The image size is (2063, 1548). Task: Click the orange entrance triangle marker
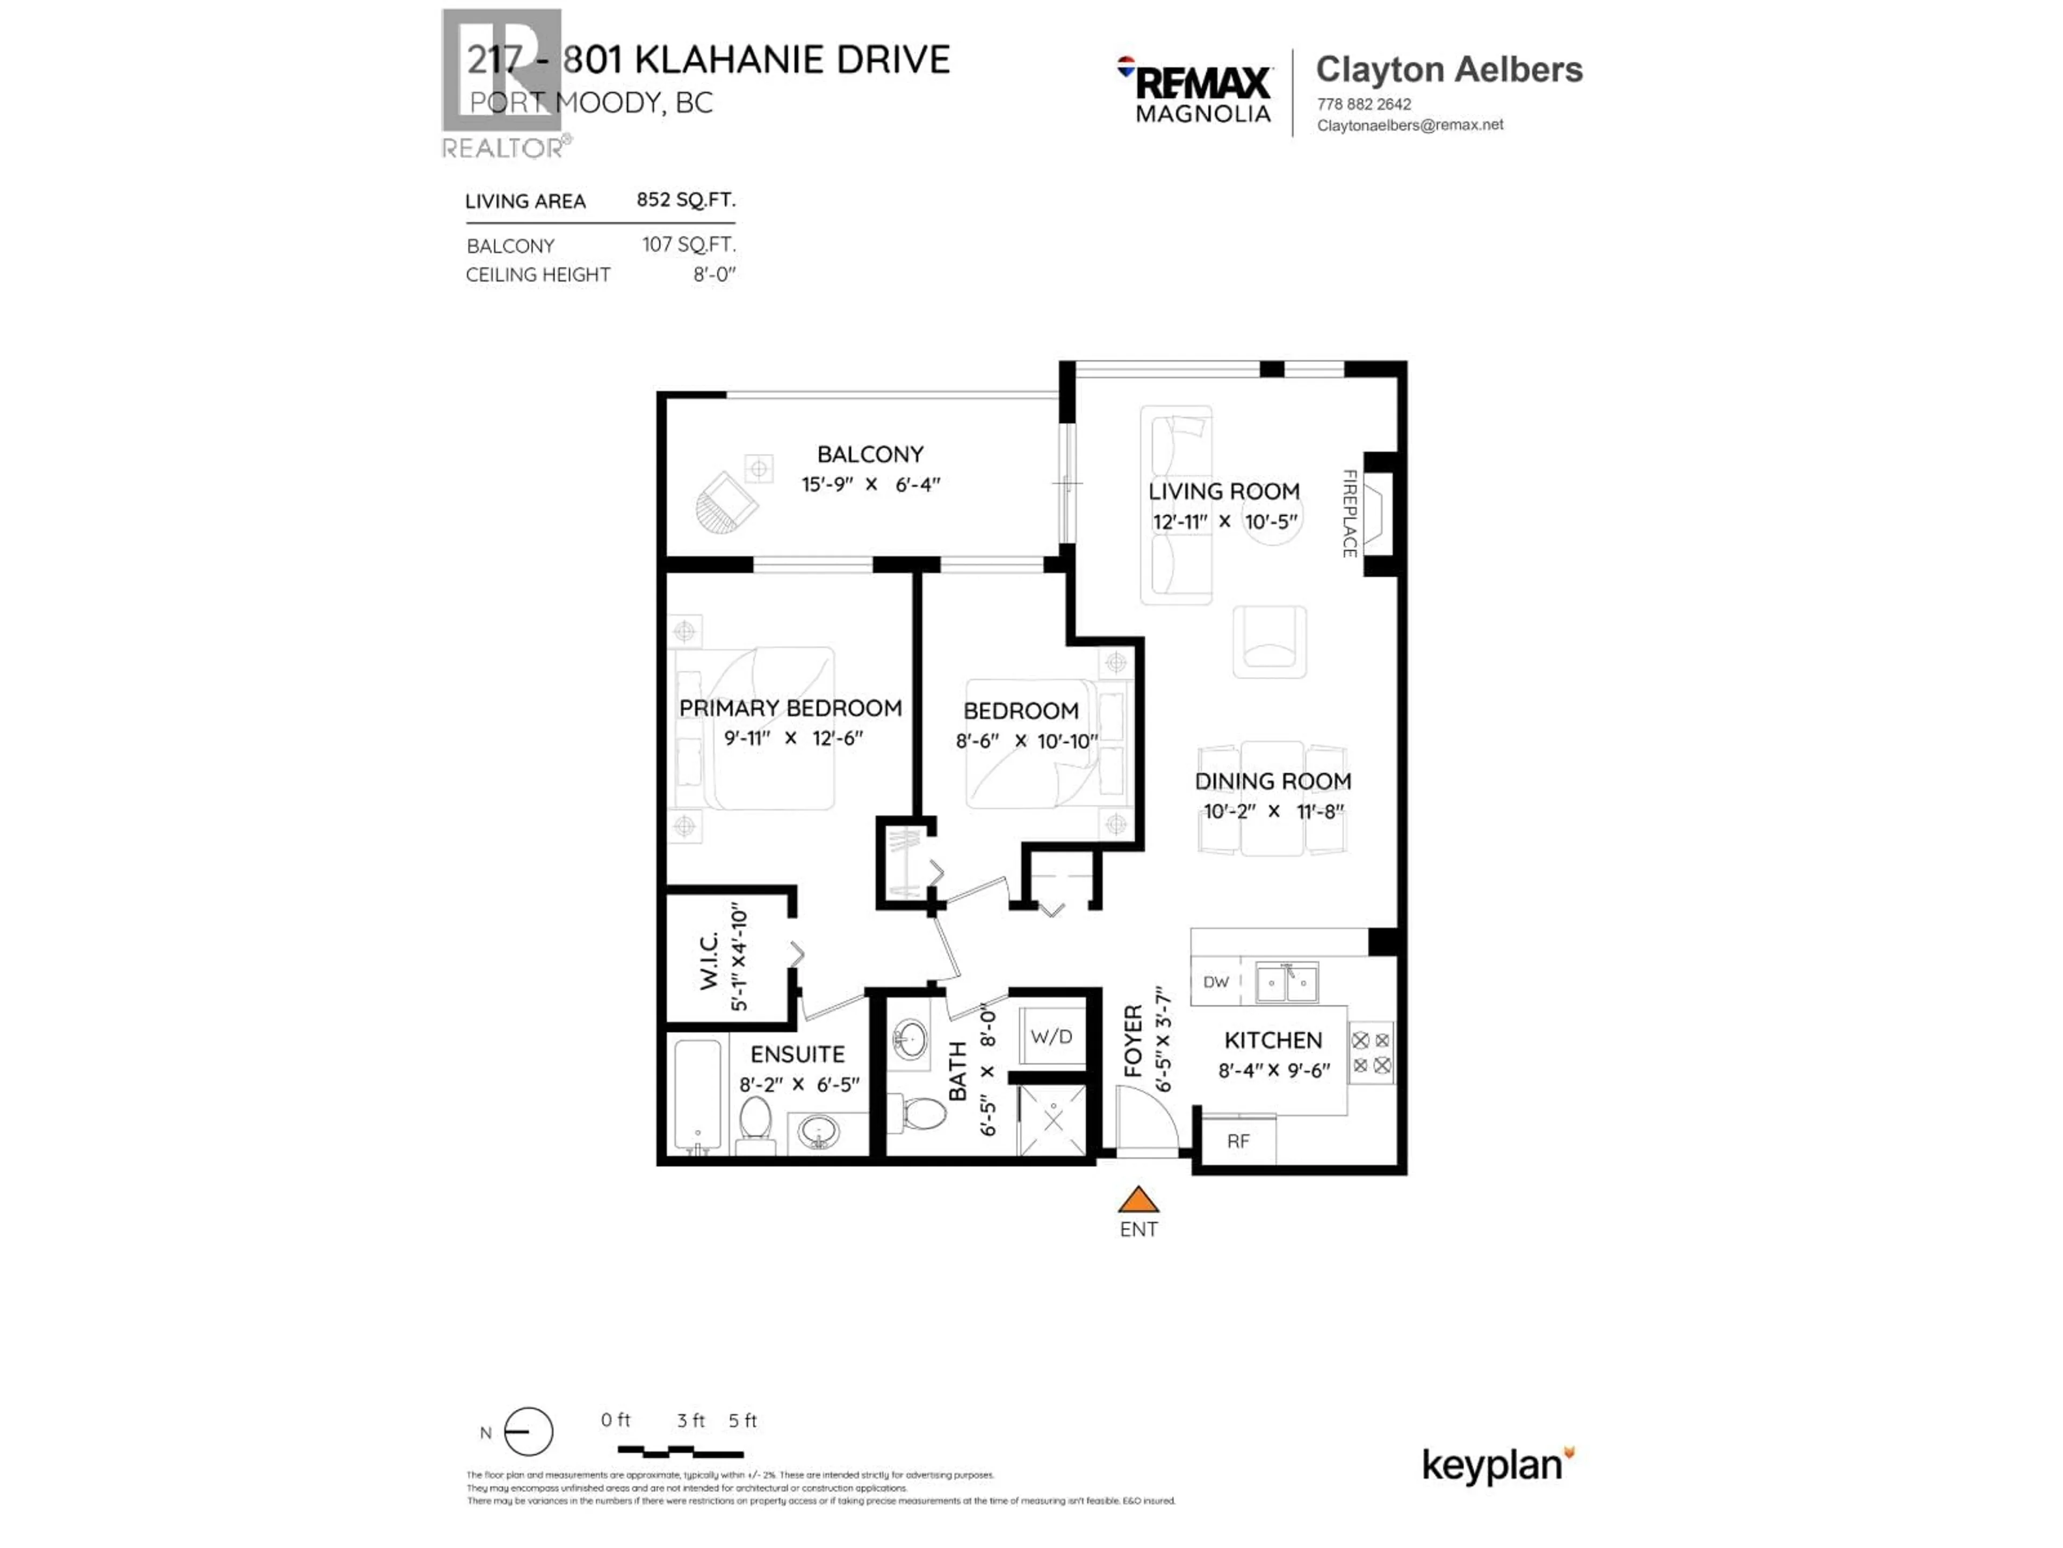pos(1138,1199)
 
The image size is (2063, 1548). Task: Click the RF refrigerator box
pos(1238,1140)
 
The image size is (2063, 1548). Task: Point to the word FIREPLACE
pos(1348,513)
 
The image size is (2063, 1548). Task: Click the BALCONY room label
pos(870,454)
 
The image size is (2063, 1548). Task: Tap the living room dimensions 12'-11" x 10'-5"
pos(1224,521)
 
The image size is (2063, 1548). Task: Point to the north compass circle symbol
pos(528,1431)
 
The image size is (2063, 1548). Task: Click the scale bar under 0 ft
pos(680,1452)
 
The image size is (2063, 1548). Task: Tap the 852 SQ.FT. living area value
pos(686,200)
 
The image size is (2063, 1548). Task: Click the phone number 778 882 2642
pos(1364,104)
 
